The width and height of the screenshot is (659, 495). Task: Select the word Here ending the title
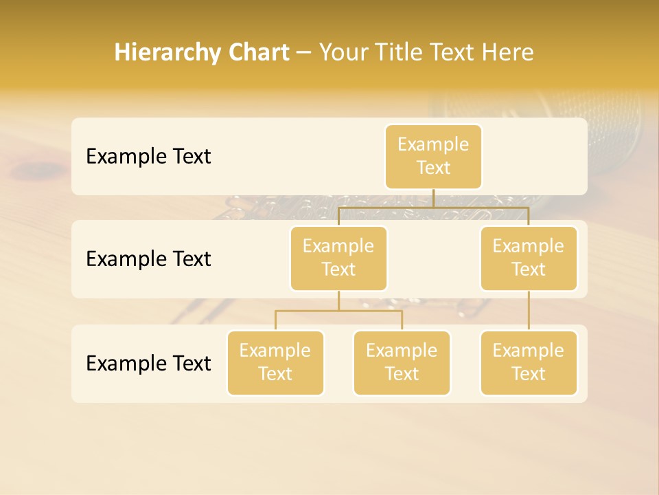pos(507,52)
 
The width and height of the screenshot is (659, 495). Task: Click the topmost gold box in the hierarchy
pos(433,157)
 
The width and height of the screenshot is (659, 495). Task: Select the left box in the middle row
pos(338,258)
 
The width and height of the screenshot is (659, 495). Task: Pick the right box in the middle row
pos(529,258)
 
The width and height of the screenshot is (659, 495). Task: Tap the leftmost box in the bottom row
pos(275,363)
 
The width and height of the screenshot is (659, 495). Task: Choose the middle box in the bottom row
pos(402,363)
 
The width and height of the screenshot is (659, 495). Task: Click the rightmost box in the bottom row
pos(529,363)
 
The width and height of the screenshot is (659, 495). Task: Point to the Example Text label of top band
pos(148,157)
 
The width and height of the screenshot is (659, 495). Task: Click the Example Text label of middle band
pos(148,259)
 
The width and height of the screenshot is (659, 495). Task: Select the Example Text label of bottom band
pos(148,363)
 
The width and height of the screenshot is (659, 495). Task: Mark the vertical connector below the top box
pos(433,198)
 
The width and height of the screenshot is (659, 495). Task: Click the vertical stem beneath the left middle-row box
pos(338,301)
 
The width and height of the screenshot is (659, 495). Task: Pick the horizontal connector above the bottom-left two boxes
pos(309,311)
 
